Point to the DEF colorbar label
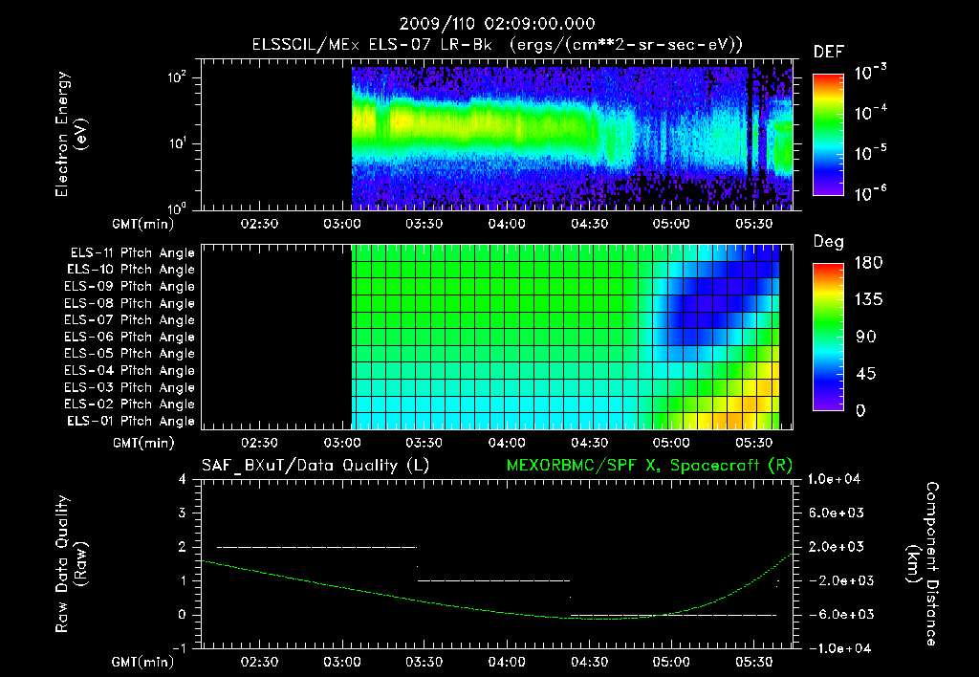point(828,52)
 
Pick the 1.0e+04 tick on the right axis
point(837,479)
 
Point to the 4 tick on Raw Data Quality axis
point(183,479)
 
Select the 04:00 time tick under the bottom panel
point(506,662)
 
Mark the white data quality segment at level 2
point(315,547)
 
